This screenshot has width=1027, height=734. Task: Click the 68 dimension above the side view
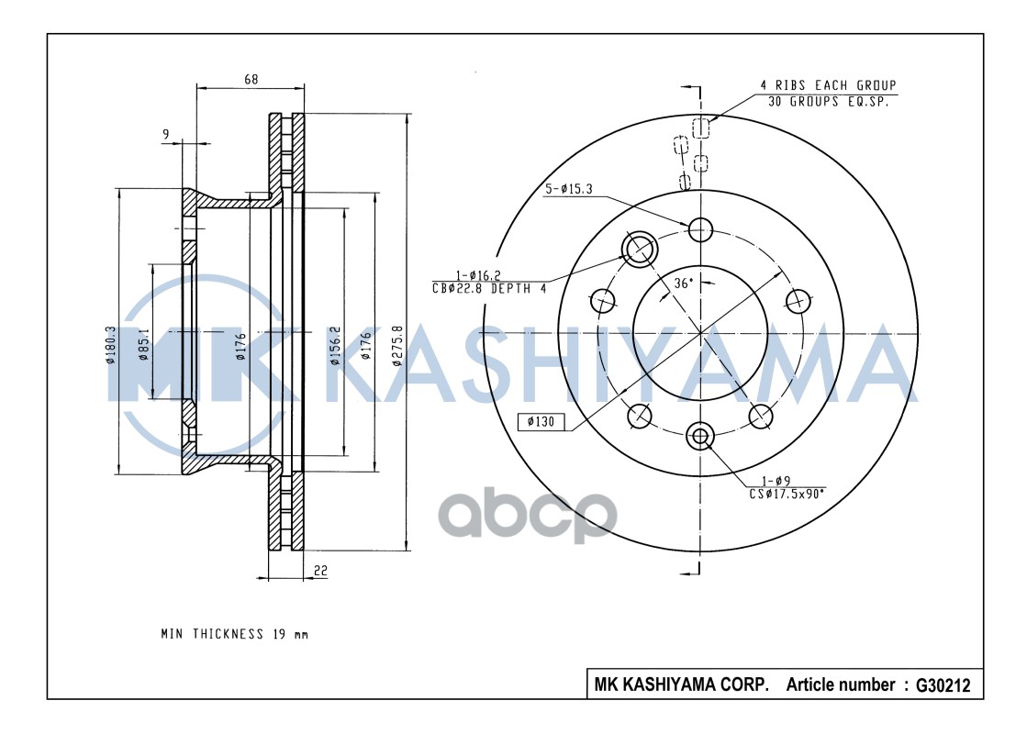click(251, 80)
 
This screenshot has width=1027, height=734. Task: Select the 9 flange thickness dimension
click(165, 135)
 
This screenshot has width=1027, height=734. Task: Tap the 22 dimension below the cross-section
click(320, 571)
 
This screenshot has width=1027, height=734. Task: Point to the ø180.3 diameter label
click(110, 345)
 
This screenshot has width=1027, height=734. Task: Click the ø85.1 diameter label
click(144, 345)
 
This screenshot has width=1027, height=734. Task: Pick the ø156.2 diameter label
click(336, 346)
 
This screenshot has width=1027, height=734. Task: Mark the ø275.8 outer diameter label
click(397, 346)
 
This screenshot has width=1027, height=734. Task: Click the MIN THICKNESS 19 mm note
click(234, 634)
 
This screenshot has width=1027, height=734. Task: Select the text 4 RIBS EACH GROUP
click(827, 85)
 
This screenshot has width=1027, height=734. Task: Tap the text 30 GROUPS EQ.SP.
click(827, 102)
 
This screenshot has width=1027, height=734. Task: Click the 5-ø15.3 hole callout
click(569, 189)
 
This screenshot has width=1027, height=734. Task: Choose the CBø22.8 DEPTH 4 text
click(489, 288)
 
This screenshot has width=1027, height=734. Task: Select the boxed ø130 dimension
click(541, 422)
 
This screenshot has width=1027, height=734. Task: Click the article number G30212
click(936, 684)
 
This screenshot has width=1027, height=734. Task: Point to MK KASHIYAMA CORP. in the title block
click(681, 684)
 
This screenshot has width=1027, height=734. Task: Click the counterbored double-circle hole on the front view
click(639, 247)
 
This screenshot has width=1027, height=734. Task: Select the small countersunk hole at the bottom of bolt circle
click(700, 436)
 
